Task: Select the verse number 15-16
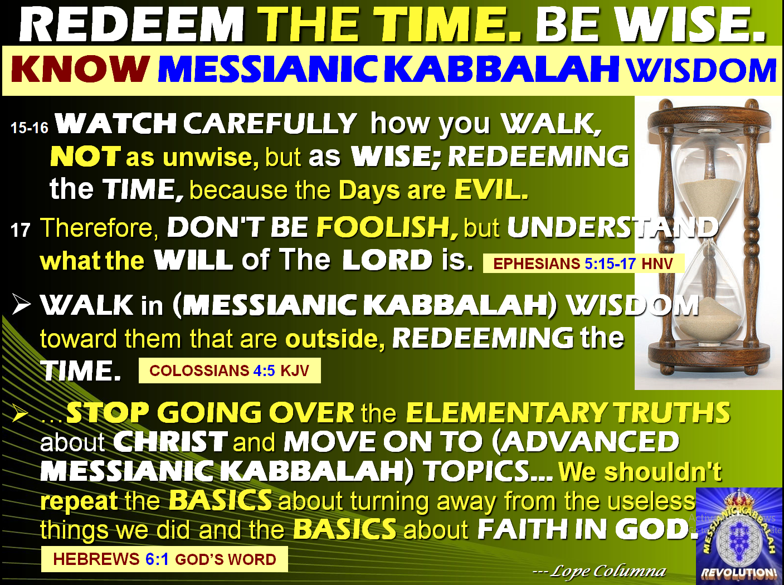[x=30, y=128]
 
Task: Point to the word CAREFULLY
[x=270, y=123]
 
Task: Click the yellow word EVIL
[x=490, y=190]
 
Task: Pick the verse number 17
[x=21, y=230]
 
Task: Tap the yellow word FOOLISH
[x=387, y=227]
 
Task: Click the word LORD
[x=387, y=260]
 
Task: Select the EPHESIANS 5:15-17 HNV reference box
[x=583, y=264]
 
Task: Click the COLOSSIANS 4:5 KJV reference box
[x=229, y=370]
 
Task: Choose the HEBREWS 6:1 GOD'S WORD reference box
[x=164, y=559]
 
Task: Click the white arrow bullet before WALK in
[x=21, y=305]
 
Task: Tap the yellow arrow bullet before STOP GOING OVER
[x=21, y=413]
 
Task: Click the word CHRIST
[x=171, y=442]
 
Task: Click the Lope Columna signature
[x=600, y=571]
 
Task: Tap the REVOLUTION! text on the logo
[x=739, y=573]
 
